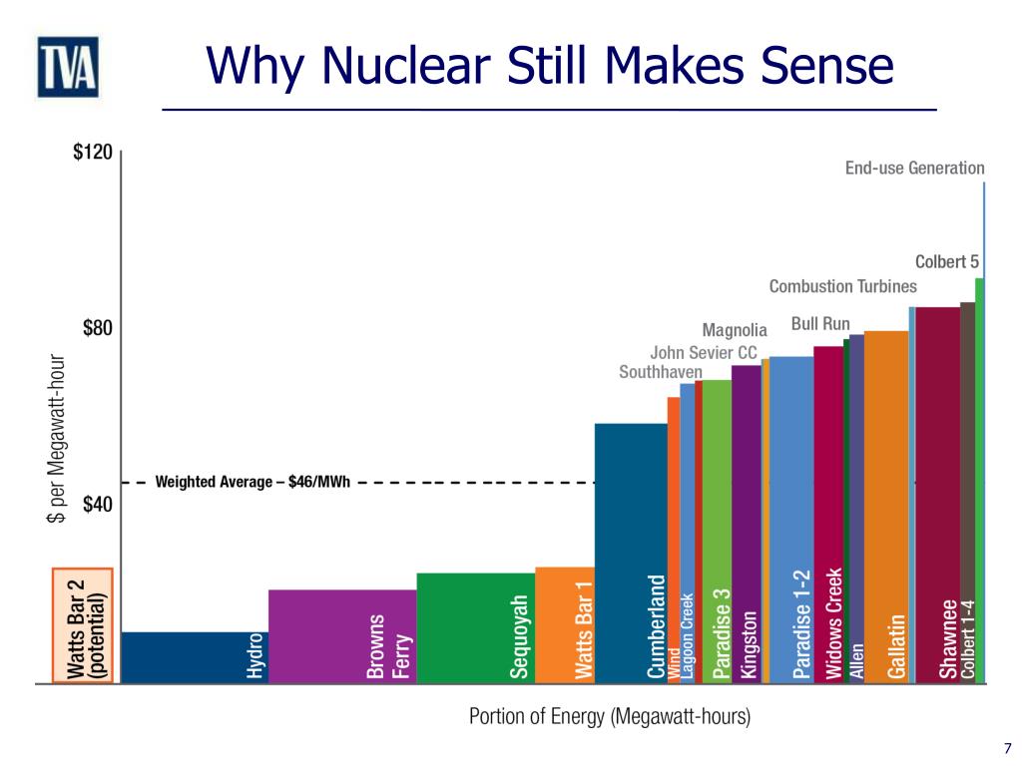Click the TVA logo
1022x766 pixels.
68,68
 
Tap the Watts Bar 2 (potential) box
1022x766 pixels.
84,625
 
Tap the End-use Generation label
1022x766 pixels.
914,169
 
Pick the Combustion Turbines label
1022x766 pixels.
842,287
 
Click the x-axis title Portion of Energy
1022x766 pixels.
609,716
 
